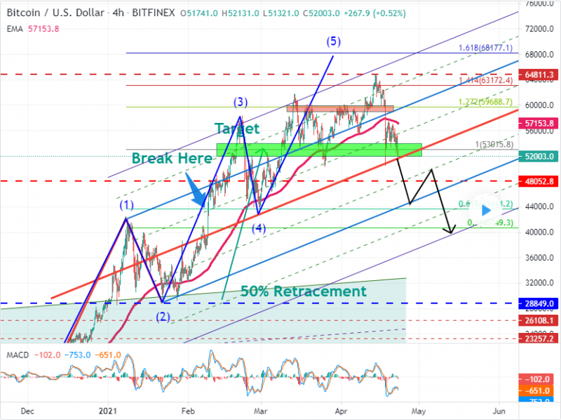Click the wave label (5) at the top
333,41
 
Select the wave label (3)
241,103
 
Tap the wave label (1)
126,206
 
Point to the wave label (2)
163,316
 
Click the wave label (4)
259,228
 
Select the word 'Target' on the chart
236,129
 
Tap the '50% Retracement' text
303,291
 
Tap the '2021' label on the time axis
107,409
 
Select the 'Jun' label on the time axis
499,409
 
